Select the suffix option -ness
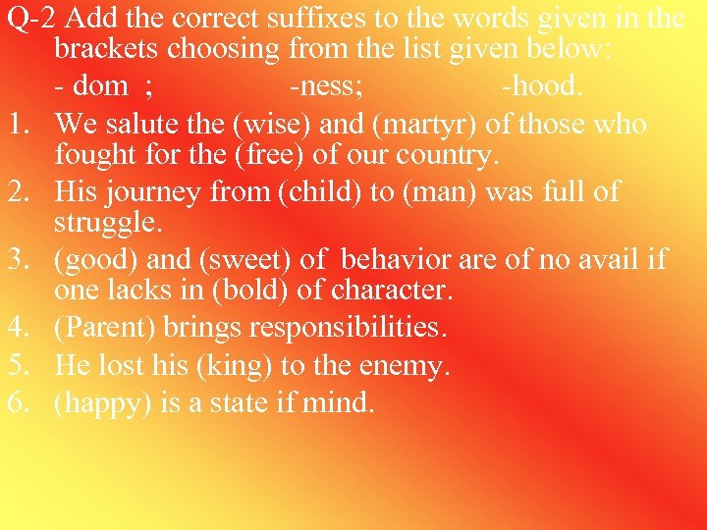(327, 86)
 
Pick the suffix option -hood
(542, 86)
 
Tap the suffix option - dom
(96, 86)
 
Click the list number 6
(18, 402)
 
